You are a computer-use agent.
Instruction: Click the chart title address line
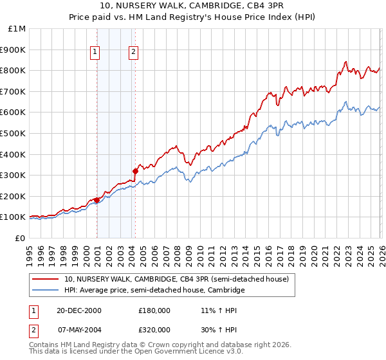click(x=193, y=6)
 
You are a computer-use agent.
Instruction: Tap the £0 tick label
click(x=20, y=238)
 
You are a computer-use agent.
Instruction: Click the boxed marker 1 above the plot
click(x=95, y=53)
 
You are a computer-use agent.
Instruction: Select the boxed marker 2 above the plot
click(x=133, y=53)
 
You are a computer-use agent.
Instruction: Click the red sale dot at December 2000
click(x=96, y=200)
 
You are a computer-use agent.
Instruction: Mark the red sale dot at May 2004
click(x=135, y=171)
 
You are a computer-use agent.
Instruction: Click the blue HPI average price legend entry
click(x=154, y=290)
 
